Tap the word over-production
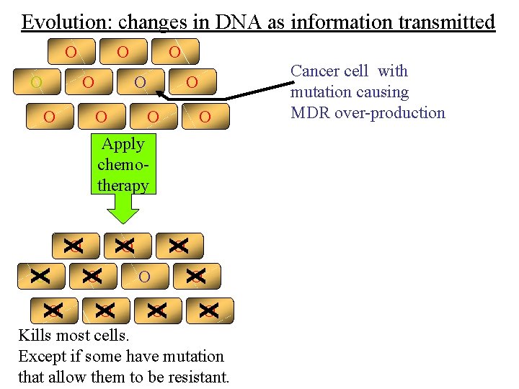pos(392,112)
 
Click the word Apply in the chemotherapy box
pos(123,143)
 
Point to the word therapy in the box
pos(123,185)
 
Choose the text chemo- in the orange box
pos(123,164)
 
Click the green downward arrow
pos(124,210)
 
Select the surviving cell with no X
pos(144,276)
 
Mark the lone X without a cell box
pos(40,274)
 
